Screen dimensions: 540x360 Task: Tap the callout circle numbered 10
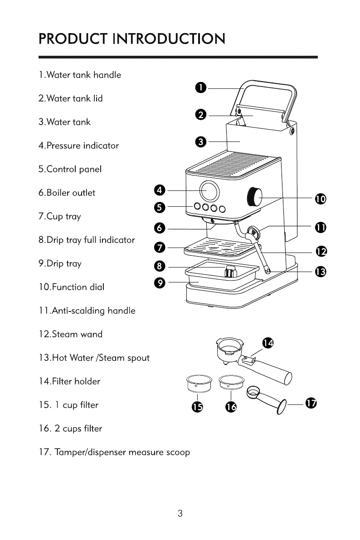(320, 199)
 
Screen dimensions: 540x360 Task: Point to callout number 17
(310, 403)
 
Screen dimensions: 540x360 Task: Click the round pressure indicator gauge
(209, 191)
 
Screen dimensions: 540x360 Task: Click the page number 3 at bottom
(180, 514)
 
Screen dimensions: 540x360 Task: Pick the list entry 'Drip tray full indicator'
(86, 240)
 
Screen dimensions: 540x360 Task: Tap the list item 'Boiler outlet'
(67, 193)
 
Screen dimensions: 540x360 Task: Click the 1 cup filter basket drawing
(199, 383)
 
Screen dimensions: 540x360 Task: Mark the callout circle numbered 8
(160, 266)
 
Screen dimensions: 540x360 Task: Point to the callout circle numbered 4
(160, 190)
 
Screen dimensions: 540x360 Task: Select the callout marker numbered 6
(160, 228)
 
